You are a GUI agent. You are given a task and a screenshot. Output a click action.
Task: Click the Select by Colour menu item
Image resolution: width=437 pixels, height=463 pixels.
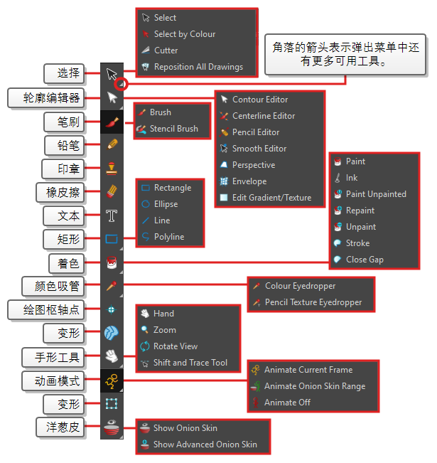click(x=179, y=34)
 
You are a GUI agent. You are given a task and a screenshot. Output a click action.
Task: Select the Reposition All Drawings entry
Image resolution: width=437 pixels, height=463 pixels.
click(x=193, y=67)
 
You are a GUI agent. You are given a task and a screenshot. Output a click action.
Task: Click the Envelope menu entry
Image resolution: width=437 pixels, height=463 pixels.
click(x=244, y=181)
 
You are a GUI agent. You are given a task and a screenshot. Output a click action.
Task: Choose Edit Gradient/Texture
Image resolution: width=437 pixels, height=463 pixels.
click(x=266, y=198)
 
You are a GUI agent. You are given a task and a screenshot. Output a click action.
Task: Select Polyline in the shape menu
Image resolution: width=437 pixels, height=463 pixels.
click(x=163, y=237)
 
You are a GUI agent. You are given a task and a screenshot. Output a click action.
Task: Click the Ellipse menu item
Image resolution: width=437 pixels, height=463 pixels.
click(x=160, y=204)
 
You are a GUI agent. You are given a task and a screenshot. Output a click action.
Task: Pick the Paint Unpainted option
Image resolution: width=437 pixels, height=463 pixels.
click(x=370, y=194)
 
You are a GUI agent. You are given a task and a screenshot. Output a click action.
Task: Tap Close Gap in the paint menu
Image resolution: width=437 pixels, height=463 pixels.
click(x=359, y=260)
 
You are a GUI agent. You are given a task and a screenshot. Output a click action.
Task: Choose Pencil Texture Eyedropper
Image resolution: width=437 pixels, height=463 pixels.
click(x=308, y=302)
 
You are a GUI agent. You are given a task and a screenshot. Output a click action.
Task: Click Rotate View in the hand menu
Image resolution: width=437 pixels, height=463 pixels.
click(x=169, y=346)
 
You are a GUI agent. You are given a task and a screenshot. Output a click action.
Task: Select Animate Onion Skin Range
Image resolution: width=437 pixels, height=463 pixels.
click(x=308, y=386)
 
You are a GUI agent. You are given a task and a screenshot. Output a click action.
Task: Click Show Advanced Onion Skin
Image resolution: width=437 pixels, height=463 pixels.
click(x=198, y=445)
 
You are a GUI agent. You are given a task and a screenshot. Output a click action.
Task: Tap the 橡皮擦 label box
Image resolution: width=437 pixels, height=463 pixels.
click(x=60, y=193)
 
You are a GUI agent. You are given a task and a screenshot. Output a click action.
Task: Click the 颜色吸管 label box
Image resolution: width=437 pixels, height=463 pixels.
click(x=53, y=287)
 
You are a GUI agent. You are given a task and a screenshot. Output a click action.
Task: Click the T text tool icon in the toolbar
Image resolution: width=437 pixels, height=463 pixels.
click(x=112, y=215)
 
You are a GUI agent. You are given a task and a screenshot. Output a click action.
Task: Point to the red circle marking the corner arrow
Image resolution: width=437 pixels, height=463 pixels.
click(x=122, y=84)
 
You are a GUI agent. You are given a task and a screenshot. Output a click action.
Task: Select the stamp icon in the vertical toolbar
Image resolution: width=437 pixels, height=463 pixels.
click(x=112, y=169)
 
